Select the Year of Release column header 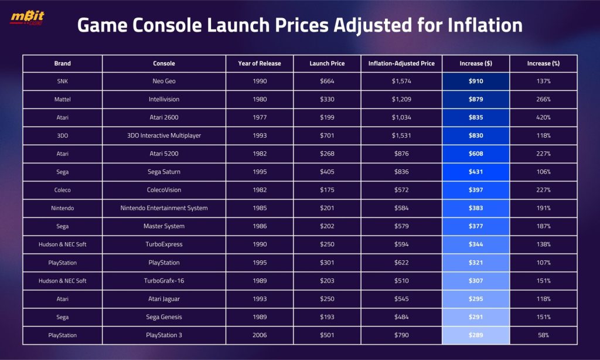click(260, 63)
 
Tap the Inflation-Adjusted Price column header click(401, 63)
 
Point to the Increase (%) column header click(543, 63)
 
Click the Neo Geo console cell click(164, 81)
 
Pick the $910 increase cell click(476, 81)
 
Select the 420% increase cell click(543, 117)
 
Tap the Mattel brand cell click(62, 99)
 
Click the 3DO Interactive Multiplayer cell click(164, 135)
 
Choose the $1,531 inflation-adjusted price click(401, 135)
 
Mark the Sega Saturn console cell click(164, 172)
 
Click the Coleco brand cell click(62, 190)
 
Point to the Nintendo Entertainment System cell click(164, 208)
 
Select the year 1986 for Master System click(260, 226)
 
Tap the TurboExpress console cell click(164, 244)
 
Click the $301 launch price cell click(327, 263)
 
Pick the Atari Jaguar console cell click(164, 299)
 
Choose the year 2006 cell click(260, 335)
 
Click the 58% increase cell click(543, 335)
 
